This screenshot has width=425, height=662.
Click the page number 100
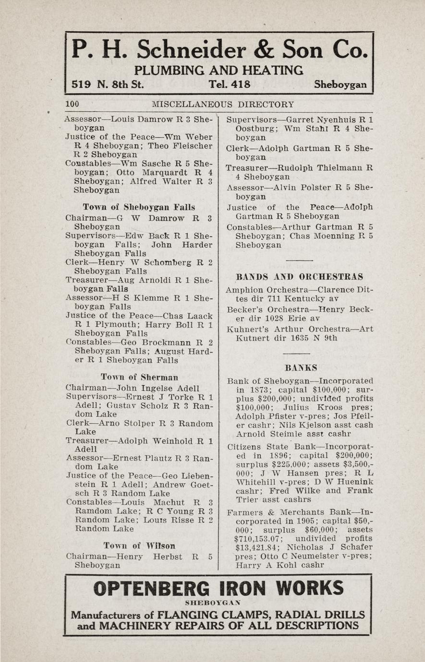click(73, 104)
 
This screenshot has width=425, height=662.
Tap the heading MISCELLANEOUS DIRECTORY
click(223, 104)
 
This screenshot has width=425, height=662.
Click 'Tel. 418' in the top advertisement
click(230, 84)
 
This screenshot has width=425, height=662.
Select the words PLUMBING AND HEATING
click(219, 70)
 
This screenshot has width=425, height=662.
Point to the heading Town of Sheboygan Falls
click(139, 207)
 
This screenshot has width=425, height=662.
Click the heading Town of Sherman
click(139, 378)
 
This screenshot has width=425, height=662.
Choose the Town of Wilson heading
click(139, 546)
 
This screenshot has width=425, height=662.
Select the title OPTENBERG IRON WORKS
click(219, 588)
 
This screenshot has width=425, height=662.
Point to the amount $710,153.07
click(257, 538)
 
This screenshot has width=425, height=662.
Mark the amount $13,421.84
click(257, 547)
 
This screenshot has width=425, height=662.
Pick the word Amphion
click(244, 290)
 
